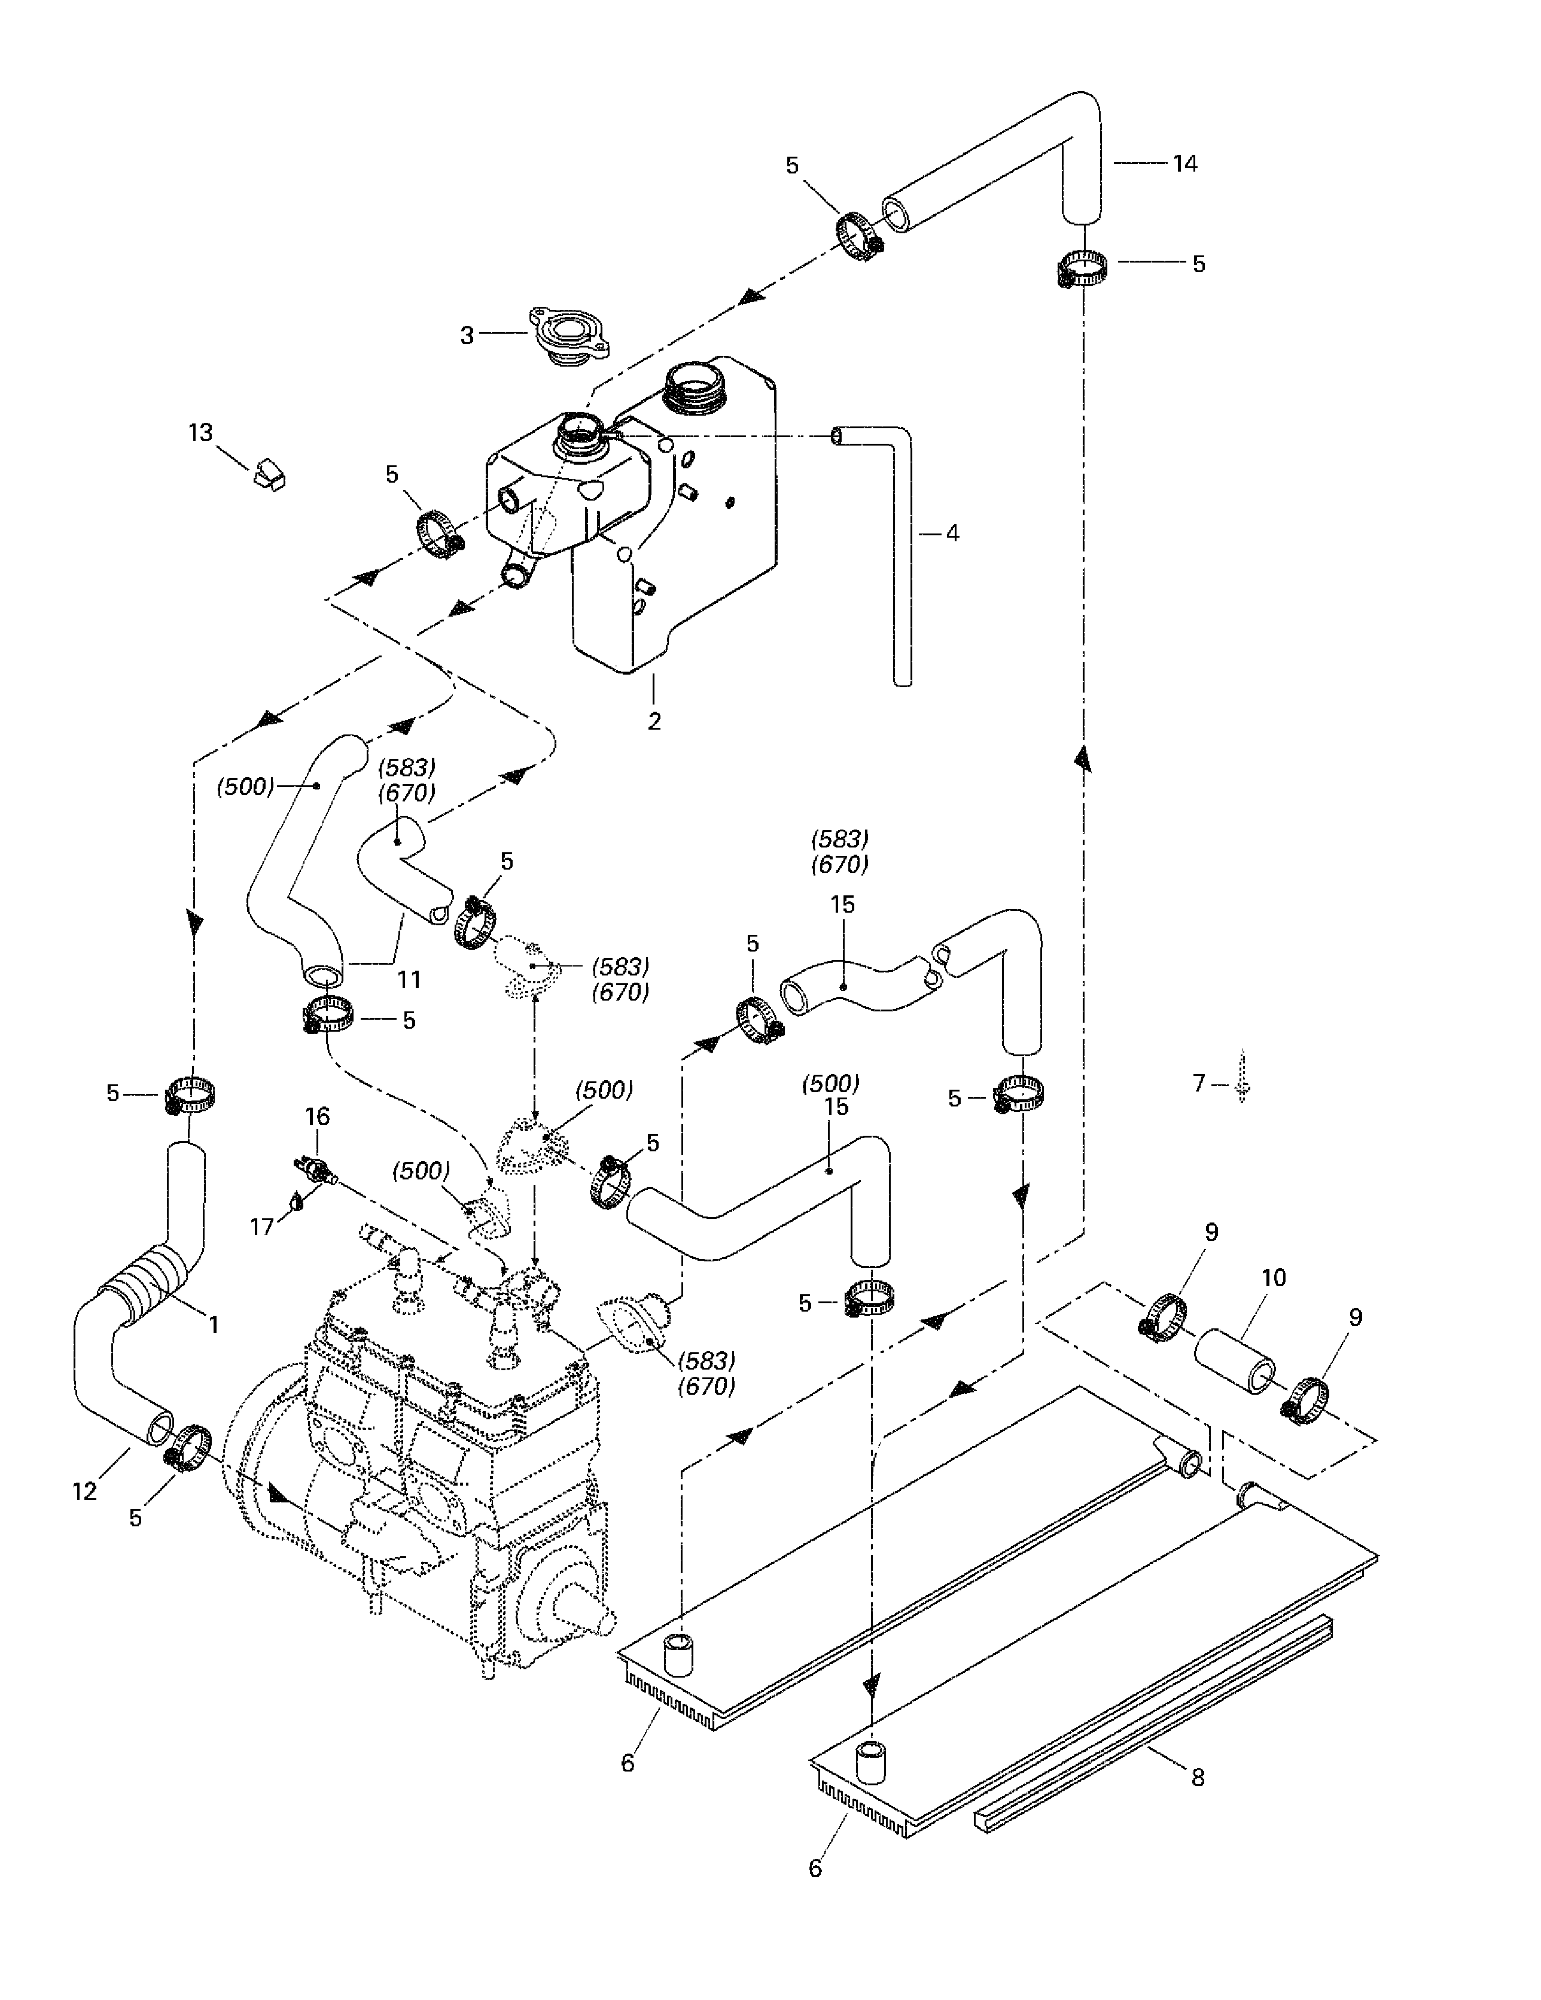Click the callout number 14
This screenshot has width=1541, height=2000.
[1184, 164]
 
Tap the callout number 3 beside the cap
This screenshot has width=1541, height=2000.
[467, 335]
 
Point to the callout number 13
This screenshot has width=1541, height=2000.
[200, 432]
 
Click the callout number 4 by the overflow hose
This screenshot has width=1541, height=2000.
[952, 533]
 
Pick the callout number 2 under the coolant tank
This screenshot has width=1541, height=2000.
[654, 722]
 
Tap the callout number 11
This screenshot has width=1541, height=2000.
[409, 980]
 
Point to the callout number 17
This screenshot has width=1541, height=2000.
[263, 1226]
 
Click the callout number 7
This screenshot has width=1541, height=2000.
[1198, 1083]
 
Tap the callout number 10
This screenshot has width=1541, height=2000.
[1274, 1278]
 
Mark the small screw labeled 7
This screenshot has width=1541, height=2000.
[1242, 1078]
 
